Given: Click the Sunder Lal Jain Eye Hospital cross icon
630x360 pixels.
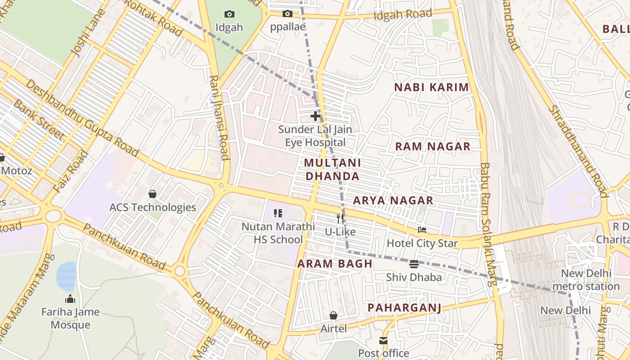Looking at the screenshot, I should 315,116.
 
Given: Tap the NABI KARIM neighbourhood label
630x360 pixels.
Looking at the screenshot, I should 432,87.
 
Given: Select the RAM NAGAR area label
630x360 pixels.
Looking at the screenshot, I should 432,146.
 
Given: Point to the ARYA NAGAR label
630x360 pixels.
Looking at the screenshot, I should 393,200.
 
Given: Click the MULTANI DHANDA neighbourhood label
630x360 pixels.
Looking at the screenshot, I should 333,169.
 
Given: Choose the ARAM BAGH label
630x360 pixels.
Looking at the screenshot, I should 335,264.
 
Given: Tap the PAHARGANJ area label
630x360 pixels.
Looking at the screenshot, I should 404,308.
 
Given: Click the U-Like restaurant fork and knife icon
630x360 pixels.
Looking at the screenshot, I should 341,219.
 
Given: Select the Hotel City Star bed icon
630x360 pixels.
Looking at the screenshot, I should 422,230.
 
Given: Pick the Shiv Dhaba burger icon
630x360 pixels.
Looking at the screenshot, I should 414,264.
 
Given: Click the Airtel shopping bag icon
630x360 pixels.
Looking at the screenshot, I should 333,315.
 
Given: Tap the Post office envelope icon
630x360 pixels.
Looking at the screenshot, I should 383,341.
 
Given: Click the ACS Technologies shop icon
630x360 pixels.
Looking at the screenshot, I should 153,194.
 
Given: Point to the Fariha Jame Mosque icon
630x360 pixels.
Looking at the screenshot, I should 70,299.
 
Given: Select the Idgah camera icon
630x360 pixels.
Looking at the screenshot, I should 229,14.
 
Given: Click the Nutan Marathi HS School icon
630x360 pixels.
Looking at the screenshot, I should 278,213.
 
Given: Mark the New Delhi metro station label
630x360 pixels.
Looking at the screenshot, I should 585,279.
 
